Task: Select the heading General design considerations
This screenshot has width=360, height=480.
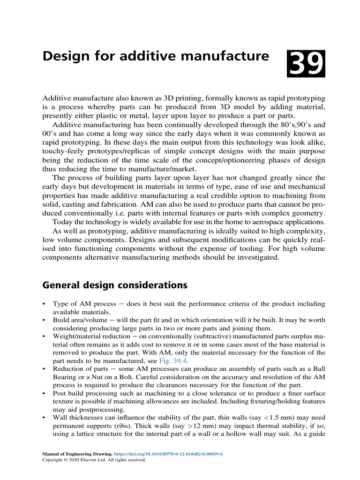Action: pos(115,285)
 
